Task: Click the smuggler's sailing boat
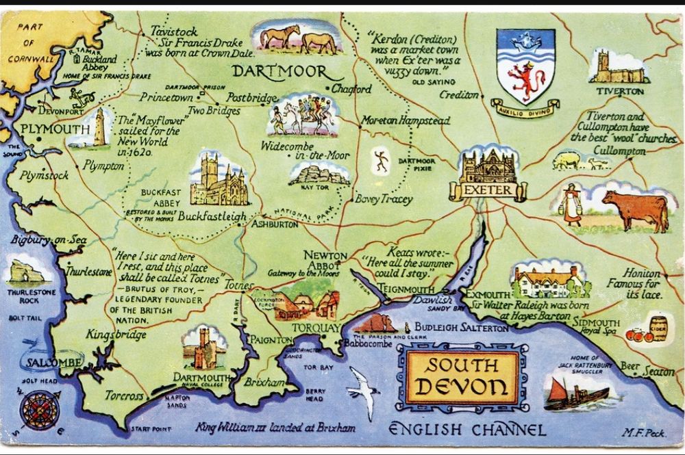(x=574, y=393)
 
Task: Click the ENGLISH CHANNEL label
(x=467, y=430)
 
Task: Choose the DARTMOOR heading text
(x=277, y=72)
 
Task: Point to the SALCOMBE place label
(x=51, y=361)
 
